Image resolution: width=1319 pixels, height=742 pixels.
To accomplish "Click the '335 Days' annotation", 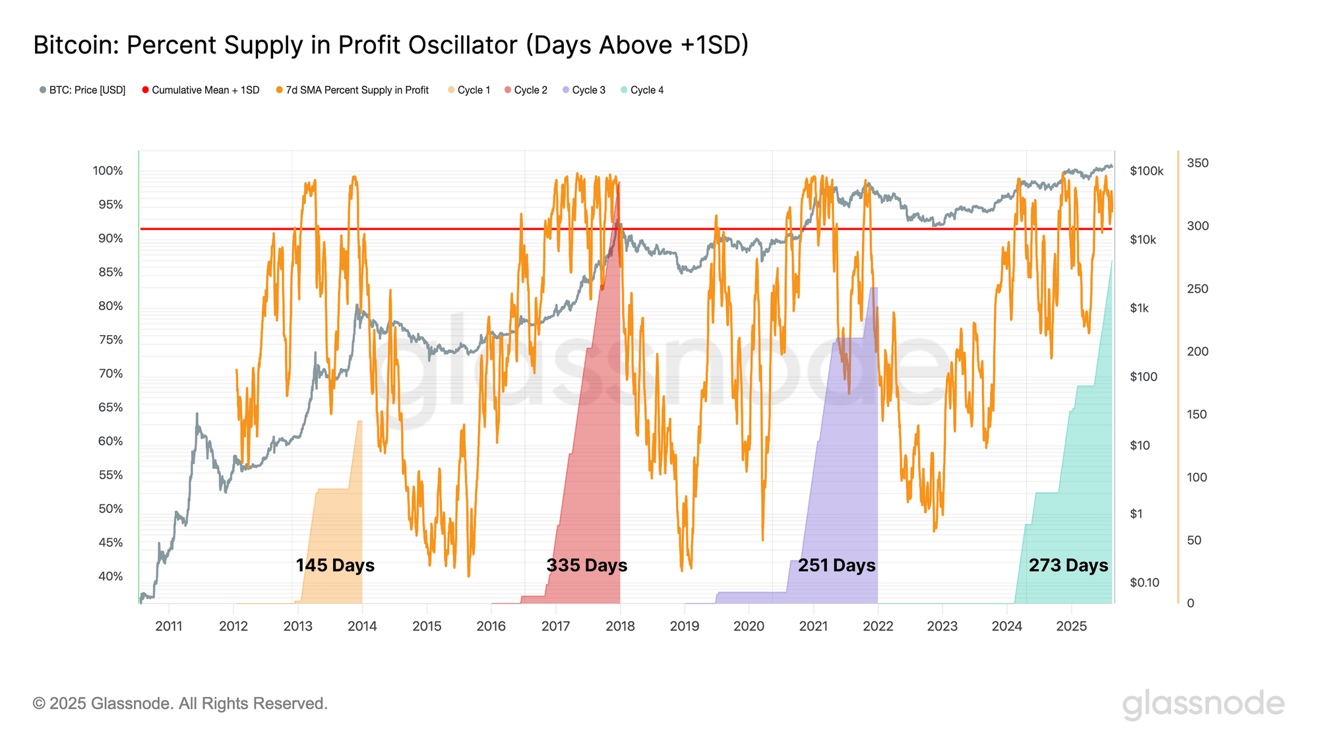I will coord(586,565).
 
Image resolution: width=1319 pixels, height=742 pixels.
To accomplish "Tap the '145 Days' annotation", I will coord(335,565).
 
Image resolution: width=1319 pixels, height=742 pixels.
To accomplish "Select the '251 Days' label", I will coord(836,565).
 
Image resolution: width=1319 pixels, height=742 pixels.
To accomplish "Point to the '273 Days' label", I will coord(1068,565).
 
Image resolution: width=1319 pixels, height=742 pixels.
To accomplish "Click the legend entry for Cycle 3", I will coord(584,90).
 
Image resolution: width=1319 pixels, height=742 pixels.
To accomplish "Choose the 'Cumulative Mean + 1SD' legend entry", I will coord(200,90).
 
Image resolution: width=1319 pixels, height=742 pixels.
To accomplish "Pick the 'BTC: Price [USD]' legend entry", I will coord(82,90).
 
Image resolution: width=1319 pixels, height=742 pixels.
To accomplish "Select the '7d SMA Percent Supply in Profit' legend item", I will coord(352,90).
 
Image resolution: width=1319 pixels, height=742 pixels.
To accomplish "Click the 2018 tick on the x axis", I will coord(620,626).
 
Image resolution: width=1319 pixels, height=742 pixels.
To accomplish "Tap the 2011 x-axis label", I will coord(169,626).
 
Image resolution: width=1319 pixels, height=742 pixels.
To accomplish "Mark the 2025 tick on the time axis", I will coord(1071,626).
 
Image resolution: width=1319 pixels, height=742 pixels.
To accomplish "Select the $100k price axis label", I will coord(1146,171).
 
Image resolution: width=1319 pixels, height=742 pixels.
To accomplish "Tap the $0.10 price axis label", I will coord(1144,582).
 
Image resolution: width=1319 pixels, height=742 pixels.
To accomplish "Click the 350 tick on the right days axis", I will coord(1198,163).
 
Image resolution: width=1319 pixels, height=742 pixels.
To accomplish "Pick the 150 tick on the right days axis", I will coord(1198,414).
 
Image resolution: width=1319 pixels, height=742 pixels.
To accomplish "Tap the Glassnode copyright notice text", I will coord(180,704).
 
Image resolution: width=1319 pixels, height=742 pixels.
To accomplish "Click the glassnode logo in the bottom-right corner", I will coord(1203,704).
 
